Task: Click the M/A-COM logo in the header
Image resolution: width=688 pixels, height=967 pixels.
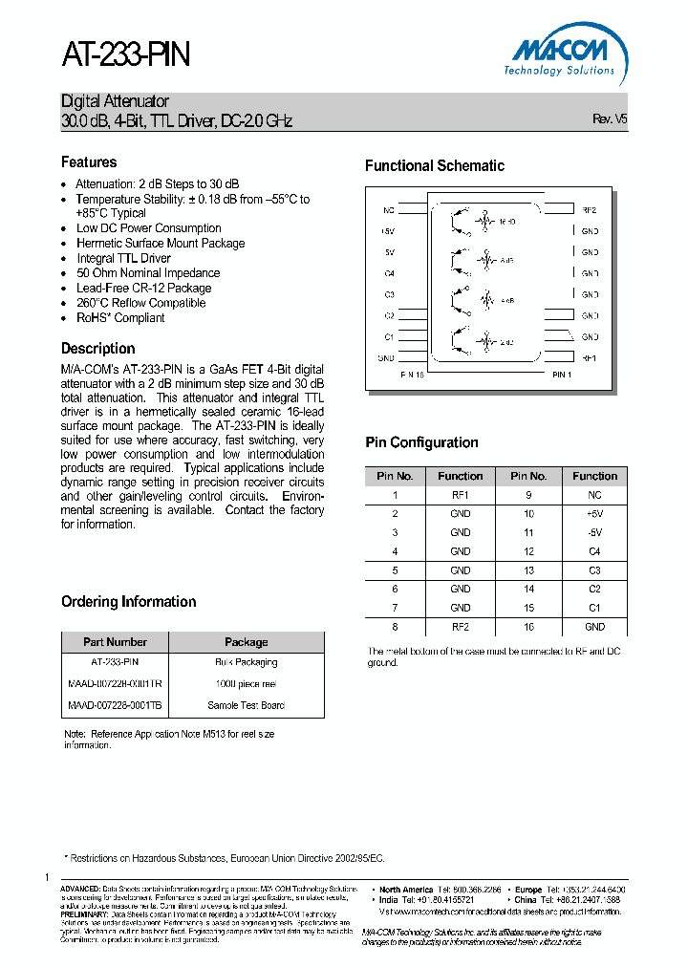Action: point(560,54)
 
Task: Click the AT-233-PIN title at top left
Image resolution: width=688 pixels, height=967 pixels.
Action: point(126,54)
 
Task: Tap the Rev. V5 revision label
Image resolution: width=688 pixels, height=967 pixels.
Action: point(610,119)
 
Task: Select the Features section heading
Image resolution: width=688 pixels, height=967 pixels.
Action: point(89,162)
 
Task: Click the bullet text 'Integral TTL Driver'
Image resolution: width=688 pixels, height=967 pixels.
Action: point(123,258)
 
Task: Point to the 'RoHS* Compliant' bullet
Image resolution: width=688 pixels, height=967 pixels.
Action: point(120,318)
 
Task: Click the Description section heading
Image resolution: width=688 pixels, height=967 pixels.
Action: point(97,349)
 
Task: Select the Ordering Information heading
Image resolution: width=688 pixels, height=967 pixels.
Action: point(128,602)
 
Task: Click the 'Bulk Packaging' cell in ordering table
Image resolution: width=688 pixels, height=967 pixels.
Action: point(246,661)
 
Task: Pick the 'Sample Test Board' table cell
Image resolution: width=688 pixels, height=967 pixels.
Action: point(246,705)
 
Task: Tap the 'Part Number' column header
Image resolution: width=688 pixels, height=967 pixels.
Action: point(115,642)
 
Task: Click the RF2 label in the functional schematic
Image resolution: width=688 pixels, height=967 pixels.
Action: point(590,210)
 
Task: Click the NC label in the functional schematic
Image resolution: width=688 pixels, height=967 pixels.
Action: point(388,210)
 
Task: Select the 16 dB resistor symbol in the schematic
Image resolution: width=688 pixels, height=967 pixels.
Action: point(487,221)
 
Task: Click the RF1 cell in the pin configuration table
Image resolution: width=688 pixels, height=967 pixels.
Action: point(460,496)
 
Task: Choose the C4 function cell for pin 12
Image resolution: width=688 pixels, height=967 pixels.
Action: point(594,551)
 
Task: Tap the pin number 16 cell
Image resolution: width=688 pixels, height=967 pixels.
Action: point(528,627)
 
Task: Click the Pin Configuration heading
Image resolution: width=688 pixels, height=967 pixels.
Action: point(421,442)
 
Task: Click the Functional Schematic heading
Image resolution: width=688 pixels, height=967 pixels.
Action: point(434,166)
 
